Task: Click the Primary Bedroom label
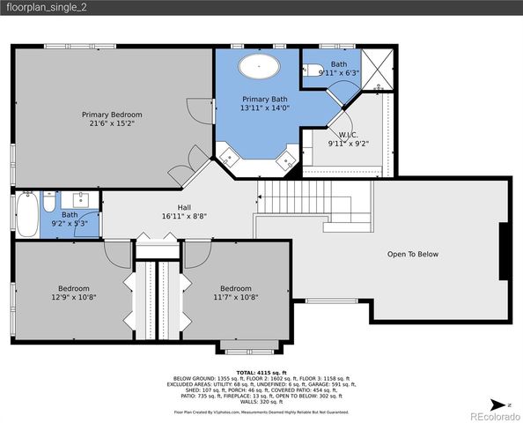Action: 112,115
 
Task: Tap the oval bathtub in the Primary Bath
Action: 259,65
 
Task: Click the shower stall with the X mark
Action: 376,69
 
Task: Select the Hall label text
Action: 184,207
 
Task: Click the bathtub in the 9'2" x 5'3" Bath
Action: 24,214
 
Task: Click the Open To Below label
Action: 412,254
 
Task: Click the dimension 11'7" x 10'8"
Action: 235,297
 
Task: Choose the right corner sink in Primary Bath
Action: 287,159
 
